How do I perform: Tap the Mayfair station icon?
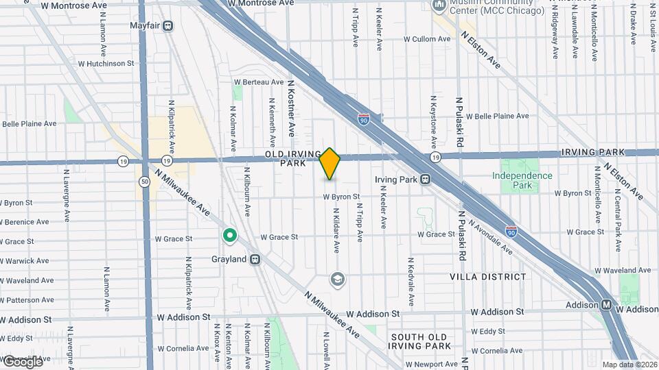click(x=167, y=26)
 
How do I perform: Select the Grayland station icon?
click(x=255, y=260)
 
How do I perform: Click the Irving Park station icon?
click(x=426, y=180)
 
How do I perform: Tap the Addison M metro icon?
click(x=607, y=305)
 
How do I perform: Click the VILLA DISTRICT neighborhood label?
click(x=487, y=277)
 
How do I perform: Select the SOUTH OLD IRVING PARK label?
click(x=419, y=341)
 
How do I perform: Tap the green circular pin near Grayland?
click(x=230, y=237)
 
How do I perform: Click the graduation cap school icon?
click(x=337, y=279)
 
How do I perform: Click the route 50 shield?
click(x=144, y=182)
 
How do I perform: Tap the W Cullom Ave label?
click(x=427, y=39)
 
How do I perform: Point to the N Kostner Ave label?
click(x=291, y=106)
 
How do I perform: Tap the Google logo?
click(x=22, y=362)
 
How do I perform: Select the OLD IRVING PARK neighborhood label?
click(x=293, y=158)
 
